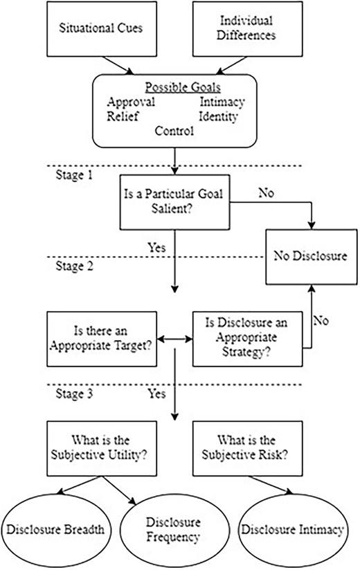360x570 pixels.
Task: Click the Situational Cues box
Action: [x=102, y=28]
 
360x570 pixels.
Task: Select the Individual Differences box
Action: [x=247, y=28]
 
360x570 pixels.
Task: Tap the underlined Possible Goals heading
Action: [x=183, y=87]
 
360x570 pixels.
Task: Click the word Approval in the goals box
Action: [x=131, y=102]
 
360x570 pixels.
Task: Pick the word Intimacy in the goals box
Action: [x=222, y=102]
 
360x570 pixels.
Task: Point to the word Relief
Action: [x=123, y=116]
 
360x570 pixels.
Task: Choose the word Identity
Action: [x=218, y=116]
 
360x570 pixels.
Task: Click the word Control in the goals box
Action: [x=174, y=131]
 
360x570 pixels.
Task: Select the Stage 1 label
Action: [x=74, y=175]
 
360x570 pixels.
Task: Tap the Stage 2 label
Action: [x=75, y=266]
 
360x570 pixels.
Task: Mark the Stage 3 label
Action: [x=74, y=393]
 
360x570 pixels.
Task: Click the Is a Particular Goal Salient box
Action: [x=174, y=202]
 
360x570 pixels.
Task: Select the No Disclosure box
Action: [x=312, y=257]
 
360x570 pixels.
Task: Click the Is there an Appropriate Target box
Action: [x=102, y=339]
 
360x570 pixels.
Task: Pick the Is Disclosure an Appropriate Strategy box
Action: [x=247, y=339]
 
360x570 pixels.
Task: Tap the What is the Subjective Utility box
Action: [x=102, y=449]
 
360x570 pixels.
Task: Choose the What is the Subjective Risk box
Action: [x=247, y=449]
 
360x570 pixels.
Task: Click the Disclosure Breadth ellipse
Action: [x=55, y=530]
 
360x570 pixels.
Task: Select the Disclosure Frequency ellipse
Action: [x=174, y=530]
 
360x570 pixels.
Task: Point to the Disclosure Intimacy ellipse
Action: [x=293, y=530]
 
